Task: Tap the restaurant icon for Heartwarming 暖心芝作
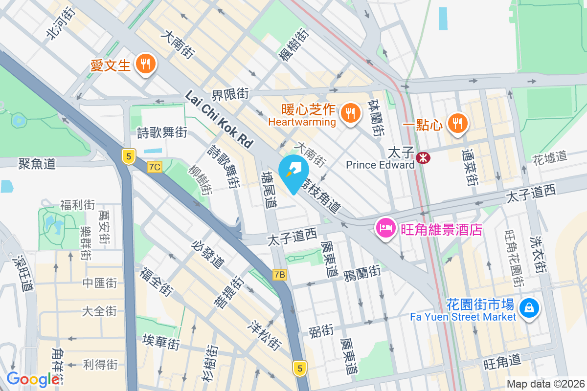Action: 349,113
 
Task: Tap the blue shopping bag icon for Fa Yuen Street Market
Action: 529,308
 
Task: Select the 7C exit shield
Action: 155,167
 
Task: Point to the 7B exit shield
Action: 279,275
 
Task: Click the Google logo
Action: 33,379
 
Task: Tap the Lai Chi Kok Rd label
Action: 219,119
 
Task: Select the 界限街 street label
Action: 230,93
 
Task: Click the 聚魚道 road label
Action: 37,163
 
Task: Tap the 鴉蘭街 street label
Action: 362,271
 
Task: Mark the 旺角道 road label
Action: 502,363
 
